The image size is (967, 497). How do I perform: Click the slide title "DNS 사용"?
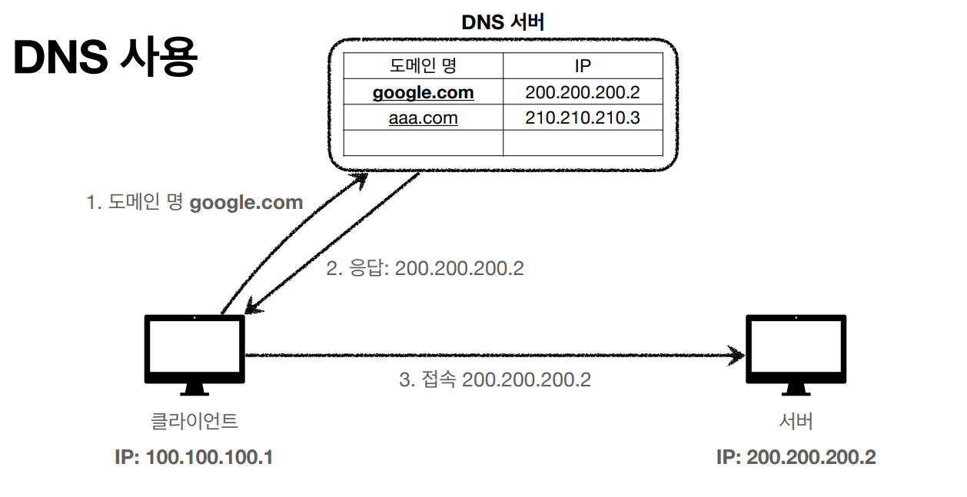105,57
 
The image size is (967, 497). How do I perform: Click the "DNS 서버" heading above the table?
503,22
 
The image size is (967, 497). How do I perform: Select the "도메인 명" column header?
423,65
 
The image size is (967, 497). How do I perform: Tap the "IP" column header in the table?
583,65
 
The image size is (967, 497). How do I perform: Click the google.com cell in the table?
423,93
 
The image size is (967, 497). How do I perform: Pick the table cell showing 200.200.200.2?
583,93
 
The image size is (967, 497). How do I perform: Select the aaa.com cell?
423,118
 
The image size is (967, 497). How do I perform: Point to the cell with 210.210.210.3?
583,118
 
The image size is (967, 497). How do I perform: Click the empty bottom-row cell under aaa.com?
423,143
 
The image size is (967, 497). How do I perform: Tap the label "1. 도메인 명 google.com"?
194,203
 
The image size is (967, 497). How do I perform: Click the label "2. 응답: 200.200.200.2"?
425,269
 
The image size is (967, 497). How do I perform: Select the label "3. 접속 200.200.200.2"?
495,379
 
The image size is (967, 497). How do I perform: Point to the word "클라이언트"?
194,421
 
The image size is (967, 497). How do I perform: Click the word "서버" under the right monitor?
796,421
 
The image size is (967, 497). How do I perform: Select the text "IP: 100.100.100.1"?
194,458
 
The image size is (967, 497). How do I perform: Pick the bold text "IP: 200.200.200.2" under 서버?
796,458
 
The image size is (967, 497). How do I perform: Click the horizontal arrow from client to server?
492,356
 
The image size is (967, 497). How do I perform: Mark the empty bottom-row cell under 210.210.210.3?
583,143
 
